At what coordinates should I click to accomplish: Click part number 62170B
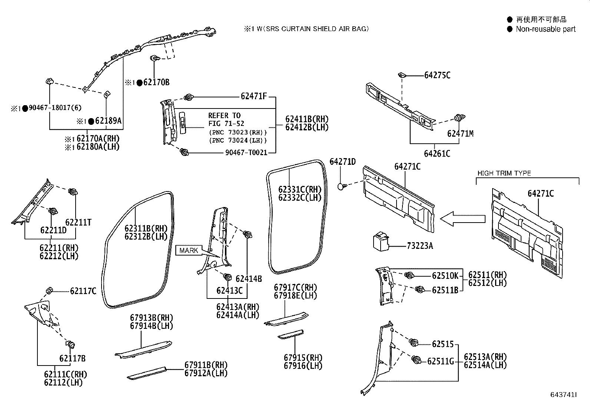point(156,82)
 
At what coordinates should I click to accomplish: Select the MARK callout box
point(189,250)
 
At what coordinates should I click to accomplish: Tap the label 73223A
point(420,246)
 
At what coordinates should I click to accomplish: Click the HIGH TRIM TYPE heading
point(504,173)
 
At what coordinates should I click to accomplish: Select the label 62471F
point(253,97)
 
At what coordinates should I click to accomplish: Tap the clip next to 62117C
point(49,290)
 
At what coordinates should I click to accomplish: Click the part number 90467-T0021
point(246,152)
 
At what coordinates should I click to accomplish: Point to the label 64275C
point(437,75)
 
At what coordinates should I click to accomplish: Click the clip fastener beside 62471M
point(459,119)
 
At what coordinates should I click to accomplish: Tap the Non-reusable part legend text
point(546,29)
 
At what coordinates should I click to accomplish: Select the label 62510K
point(445,276)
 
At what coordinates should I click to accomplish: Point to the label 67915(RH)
point(303,357)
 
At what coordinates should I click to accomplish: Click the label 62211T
point(78,222)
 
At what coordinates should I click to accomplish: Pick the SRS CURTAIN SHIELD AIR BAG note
point(306,29)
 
